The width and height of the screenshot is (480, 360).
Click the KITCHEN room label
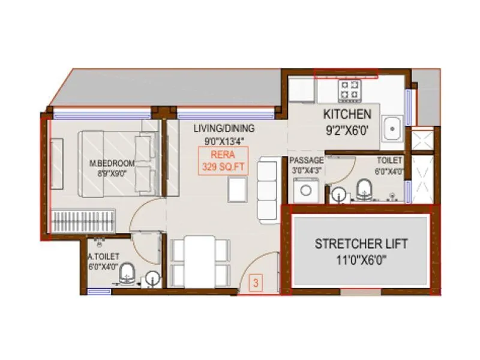coord(347,114)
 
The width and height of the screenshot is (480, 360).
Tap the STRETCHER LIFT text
coord(361,244)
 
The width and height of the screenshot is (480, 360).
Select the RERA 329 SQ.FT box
coord(223,162)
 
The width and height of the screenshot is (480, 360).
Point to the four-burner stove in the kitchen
coord(350,90)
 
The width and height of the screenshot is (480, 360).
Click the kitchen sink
coord(394,128)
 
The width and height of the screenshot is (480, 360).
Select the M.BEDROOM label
coord(112,163)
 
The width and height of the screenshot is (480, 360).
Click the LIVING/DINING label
coord(224,128)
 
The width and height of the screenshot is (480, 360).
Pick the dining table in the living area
coord(199,261)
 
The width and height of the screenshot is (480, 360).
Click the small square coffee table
coord(237,191)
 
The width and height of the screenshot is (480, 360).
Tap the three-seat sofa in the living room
coord(267,188)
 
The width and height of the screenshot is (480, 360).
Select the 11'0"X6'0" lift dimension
coord(361,260)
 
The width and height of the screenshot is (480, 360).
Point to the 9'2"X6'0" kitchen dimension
coord(347,128)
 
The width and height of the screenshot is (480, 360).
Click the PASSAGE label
coord(306,161)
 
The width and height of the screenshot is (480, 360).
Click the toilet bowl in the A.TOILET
coord(127,277)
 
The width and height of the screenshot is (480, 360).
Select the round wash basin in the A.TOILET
coord(152,278)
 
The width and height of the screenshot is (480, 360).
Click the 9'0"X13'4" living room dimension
coord(224,141)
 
